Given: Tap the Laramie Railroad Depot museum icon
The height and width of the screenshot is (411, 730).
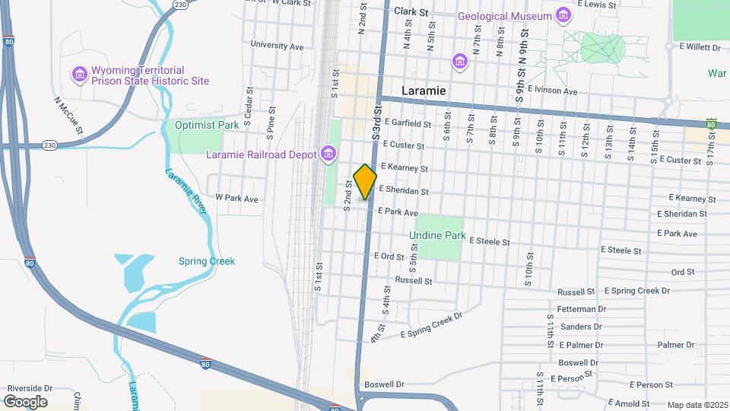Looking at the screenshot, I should point(328,155).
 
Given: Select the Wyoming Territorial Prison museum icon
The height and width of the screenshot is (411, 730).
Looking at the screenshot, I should point(80,74).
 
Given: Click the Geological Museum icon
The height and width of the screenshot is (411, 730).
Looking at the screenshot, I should point(563,16).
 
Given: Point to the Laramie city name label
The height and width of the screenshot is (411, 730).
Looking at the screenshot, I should point(424,91).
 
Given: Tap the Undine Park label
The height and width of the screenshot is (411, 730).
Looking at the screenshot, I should point(437,236).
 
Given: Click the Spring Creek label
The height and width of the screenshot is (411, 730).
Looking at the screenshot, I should point(207,261).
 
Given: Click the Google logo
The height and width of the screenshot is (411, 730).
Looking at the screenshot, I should point(25,401).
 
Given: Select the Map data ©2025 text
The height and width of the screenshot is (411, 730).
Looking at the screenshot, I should point(697,405).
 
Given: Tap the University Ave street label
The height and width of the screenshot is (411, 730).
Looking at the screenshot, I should point(277,46).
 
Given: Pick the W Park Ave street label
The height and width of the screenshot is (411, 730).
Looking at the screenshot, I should point(236,199).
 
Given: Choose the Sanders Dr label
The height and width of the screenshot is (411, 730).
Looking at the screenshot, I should point(580,327).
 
